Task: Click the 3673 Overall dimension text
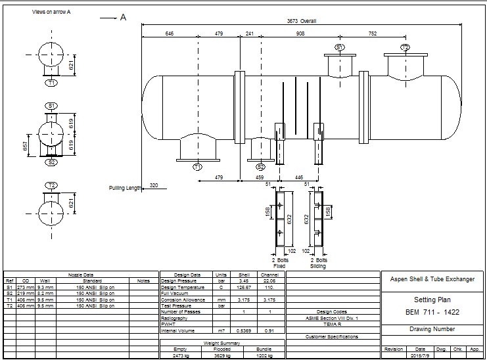(x=302, y=21)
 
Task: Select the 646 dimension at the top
(x=170, y=33)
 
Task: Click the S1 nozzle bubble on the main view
(x=339, y=47)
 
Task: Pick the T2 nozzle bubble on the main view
(x=405, y=47)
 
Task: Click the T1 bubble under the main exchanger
(x=197, y=168)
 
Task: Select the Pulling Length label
(x=125, y=188)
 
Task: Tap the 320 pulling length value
(x=154, y=185)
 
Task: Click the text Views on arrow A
(x=51, y=12)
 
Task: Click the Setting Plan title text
(x=432, y=300)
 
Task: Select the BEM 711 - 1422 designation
(x=432, y=311)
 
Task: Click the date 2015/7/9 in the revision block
(x=421, y=355)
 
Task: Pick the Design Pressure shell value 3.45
(x=243, y=281)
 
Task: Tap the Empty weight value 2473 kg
(x=180, y=355)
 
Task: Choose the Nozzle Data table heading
(x=81, y=275)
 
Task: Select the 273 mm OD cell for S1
(x=25, y=287)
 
